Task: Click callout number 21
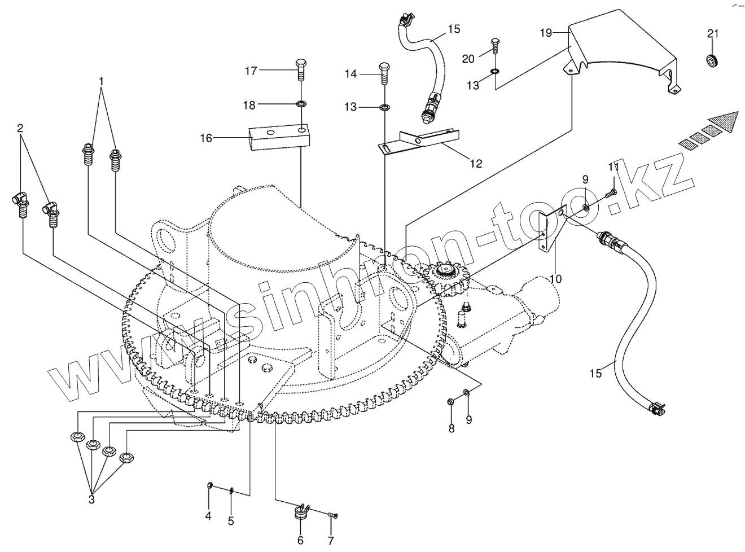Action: tap(713, 34)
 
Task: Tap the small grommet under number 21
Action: tap(713, 60)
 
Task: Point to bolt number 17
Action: tap(300, 71)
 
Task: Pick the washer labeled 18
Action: tap(300, 104)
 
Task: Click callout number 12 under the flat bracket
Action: tap(476, 164)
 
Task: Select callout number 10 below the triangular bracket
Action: tap(556, 278)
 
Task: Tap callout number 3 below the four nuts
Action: tap(91, 500)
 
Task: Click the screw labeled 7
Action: tap(332, 515)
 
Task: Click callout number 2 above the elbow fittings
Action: tap(20, 128)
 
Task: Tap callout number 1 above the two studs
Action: tap(102, 81)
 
